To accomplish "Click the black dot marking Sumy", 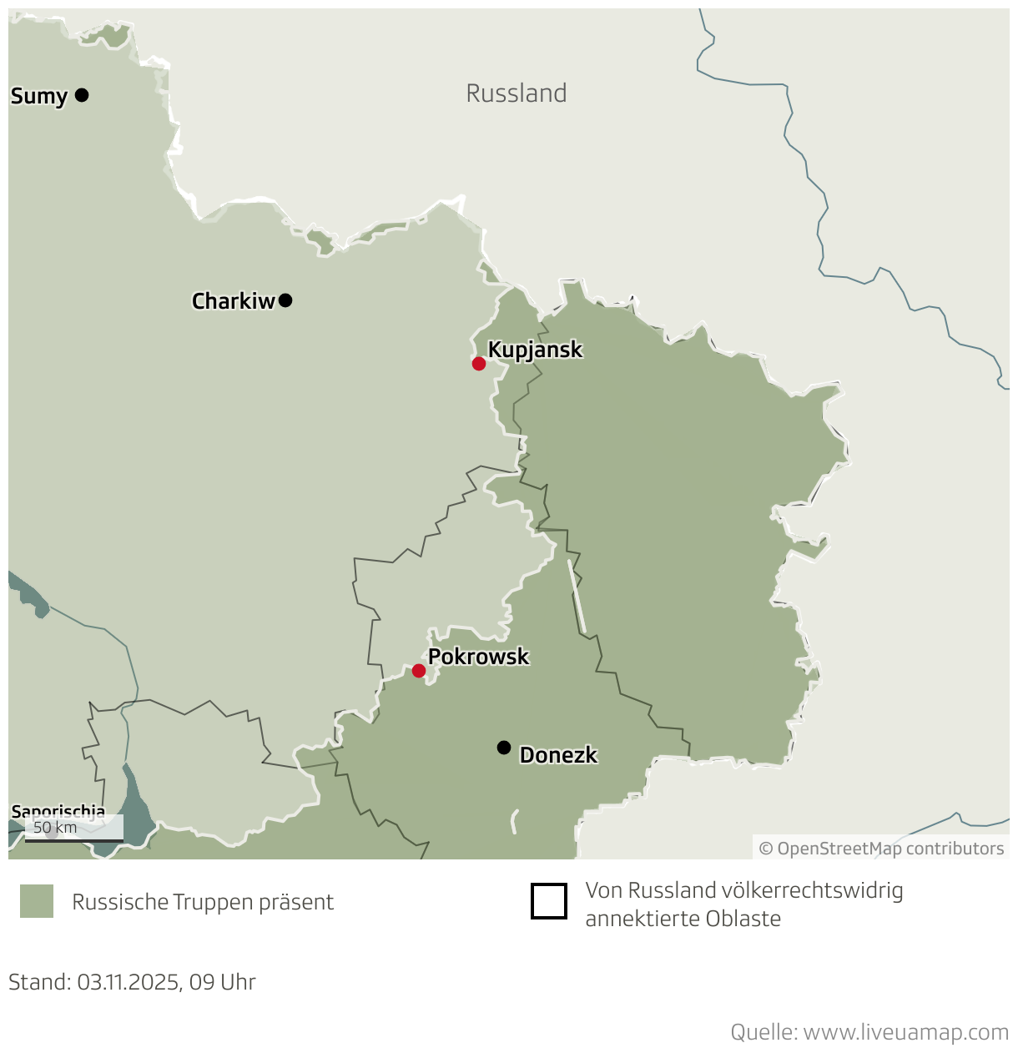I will click(82, 95).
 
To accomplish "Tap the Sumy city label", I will click(38, 97).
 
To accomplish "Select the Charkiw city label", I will click(233, 301).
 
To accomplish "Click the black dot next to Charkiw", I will click(285, 300).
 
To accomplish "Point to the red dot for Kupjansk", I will click(479, 364).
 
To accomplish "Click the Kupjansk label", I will click(535, 350).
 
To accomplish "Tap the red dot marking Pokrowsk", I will click(419, 671).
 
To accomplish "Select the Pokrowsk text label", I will click(478, 657).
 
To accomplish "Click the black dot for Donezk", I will click(504, 748).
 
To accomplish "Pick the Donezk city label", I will click(558, 755).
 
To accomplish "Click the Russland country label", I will click(517, 93).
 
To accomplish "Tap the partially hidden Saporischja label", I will click(58, 811).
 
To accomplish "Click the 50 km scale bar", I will click(73, 839).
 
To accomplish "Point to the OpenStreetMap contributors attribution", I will click(881, 849).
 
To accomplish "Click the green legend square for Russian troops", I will click(37, 901).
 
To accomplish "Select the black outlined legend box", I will click(549, 901).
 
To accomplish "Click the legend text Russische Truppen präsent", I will click(203, 902).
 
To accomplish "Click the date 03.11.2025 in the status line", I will click(129, 982).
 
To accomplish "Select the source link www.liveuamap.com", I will click(905, 1032).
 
